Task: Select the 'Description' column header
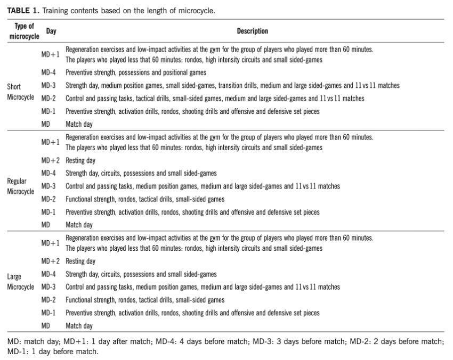point(252,31)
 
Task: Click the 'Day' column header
point(51,31)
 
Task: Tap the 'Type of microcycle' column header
point(24,31)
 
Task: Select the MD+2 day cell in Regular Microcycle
point(51,160)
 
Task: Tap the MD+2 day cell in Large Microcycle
point(51,261)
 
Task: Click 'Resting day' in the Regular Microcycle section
point(80,160)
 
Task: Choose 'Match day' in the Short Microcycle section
point(79,124)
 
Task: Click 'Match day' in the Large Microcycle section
point(79,326)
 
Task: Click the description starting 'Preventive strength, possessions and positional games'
point(135,72)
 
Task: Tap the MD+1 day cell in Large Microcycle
point(51,243)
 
